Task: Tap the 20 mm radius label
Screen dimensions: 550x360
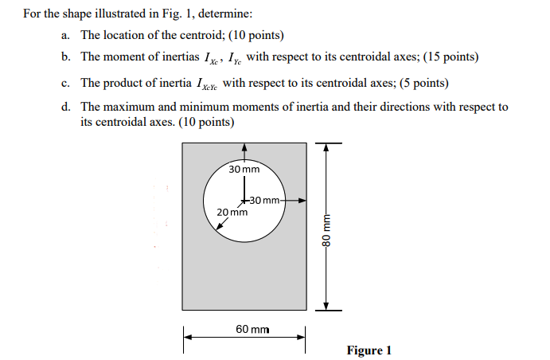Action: coord(231,212)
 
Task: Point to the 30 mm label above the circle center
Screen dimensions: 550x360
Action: coord(244,170)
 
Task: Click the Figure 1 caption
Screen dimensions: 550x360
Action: coord(369,350)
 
